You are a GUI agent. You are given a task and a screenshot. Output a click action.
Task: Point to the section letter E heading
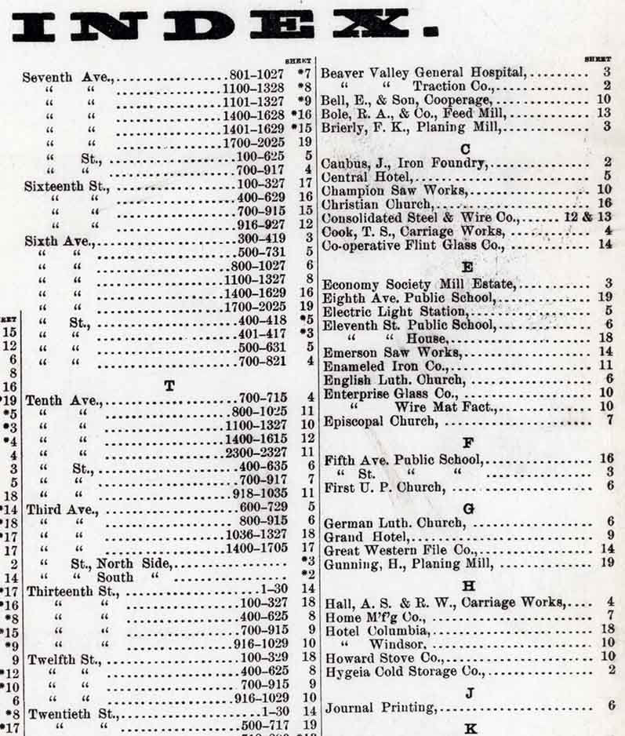[x=468, y=267]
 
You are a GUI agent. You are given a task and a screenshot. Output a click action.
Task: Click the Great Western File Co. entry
[x=397, y=550]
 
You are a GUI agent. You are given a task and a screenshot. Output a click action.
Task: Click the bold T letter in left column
[x=169, y=384]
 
